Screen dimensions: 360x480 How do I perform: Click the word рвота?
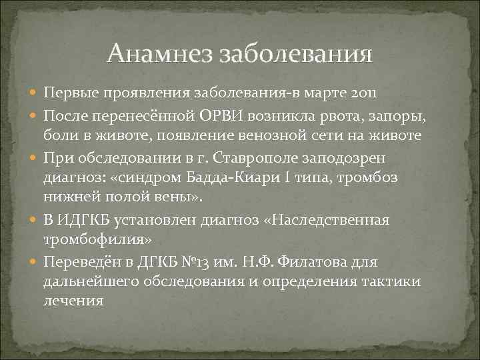click(x=320, y=115)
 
